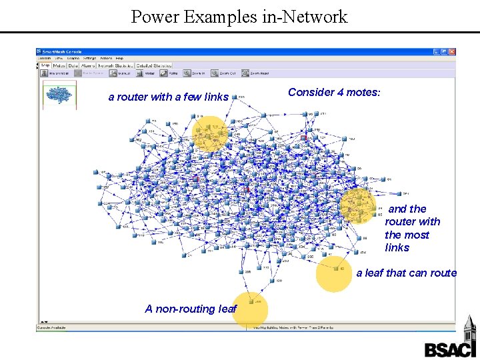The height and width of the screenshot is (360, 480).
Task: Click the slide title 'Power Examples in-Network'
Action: [239, 16]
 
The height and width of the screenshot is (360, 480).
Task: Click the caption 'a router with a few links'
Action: [168, 97]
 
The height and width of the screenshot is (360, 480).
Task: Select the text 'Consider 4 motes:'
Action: [334, 93]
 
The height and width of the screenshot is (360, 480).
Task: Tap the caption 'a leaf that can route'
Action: [406, 273]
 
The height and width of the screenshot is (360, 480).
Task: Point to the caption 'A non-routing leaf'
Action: [191, 309]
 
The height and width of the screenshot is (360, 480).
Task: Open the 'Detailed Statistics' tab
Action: [154, 65]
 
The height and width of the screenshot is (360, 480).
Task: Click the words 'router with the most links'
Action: [412, 228]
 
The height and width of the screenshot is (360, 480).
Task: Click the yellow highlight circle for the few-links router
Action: [209, 134]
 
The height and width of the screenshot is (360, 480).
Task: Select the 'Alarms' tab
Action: [88, 65]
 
